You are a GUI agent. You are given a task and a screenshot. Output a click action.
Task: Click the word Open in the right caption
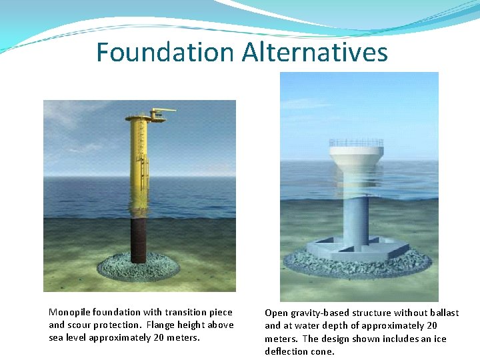click(x=275, y=312)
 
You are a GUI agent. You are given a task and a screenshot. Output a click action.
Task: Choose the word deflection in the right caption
click(x=285, y=351)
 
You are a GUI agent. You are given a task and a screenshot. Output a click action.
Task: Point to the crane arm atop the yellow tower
click(x=163, y=111)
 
